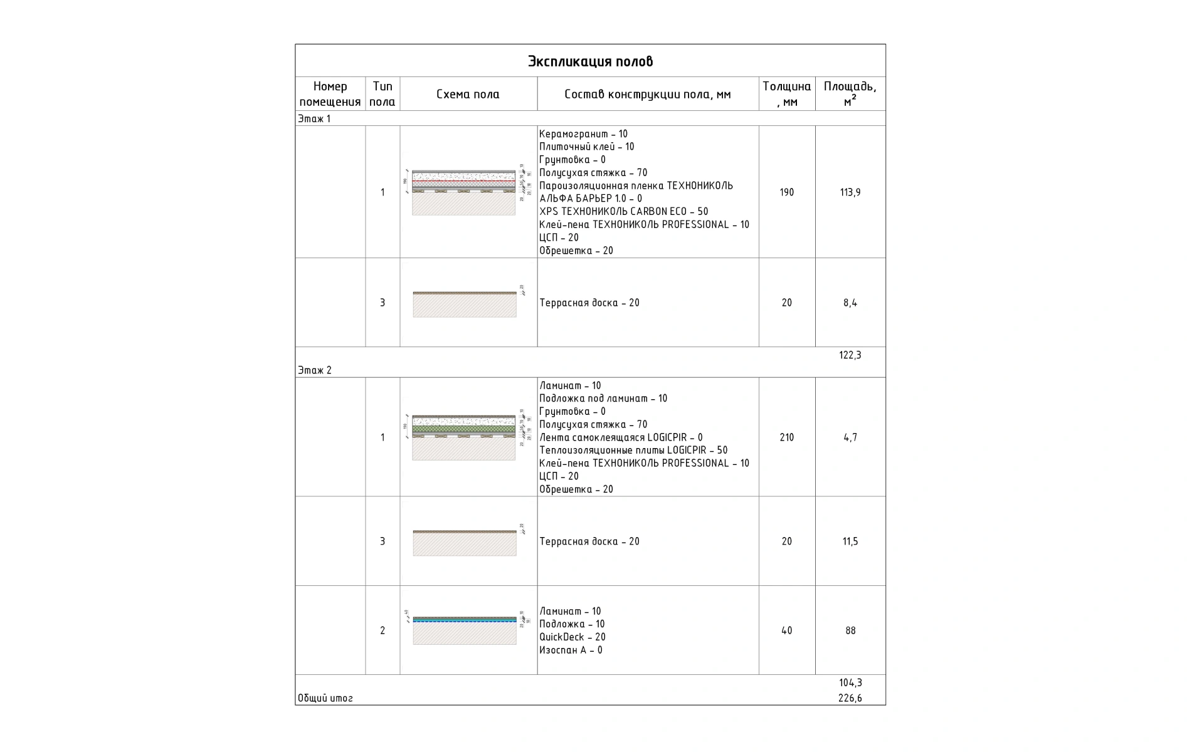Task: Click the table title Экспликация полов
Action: click(590, 61)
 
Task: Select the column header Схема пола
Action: click(468, 95)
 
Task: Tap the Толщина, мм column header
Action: click(786, 94)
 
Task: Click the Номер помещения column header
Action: click(330, 94)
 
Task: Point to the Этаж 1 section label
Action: click(314, 119)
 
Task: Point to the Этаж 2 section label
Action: click(315, 370)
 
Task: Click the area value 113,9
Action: click(850, 192)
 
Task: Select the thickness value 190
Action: click(786, 192)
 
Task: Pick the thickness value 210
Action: click(786, 437)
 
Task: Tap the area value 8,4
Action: click(850, 303)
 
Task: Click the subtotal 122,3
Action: click(850, 355)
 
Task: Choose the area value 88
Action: click(850, 630)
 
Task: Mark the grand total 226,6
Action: click(850, 698)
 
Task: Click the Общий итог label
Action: click(325, 698)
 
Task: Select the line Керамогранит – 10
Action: click(583, 134)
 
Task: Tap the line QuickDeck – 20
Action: click(572, 637)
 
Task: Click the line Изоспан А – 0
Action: click(571, 650)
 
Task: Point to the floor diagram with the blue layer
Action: click(465, 630)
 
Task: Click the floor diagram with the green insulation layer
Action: click(464, 437)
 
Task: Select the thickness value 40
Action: click(786, 630)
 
